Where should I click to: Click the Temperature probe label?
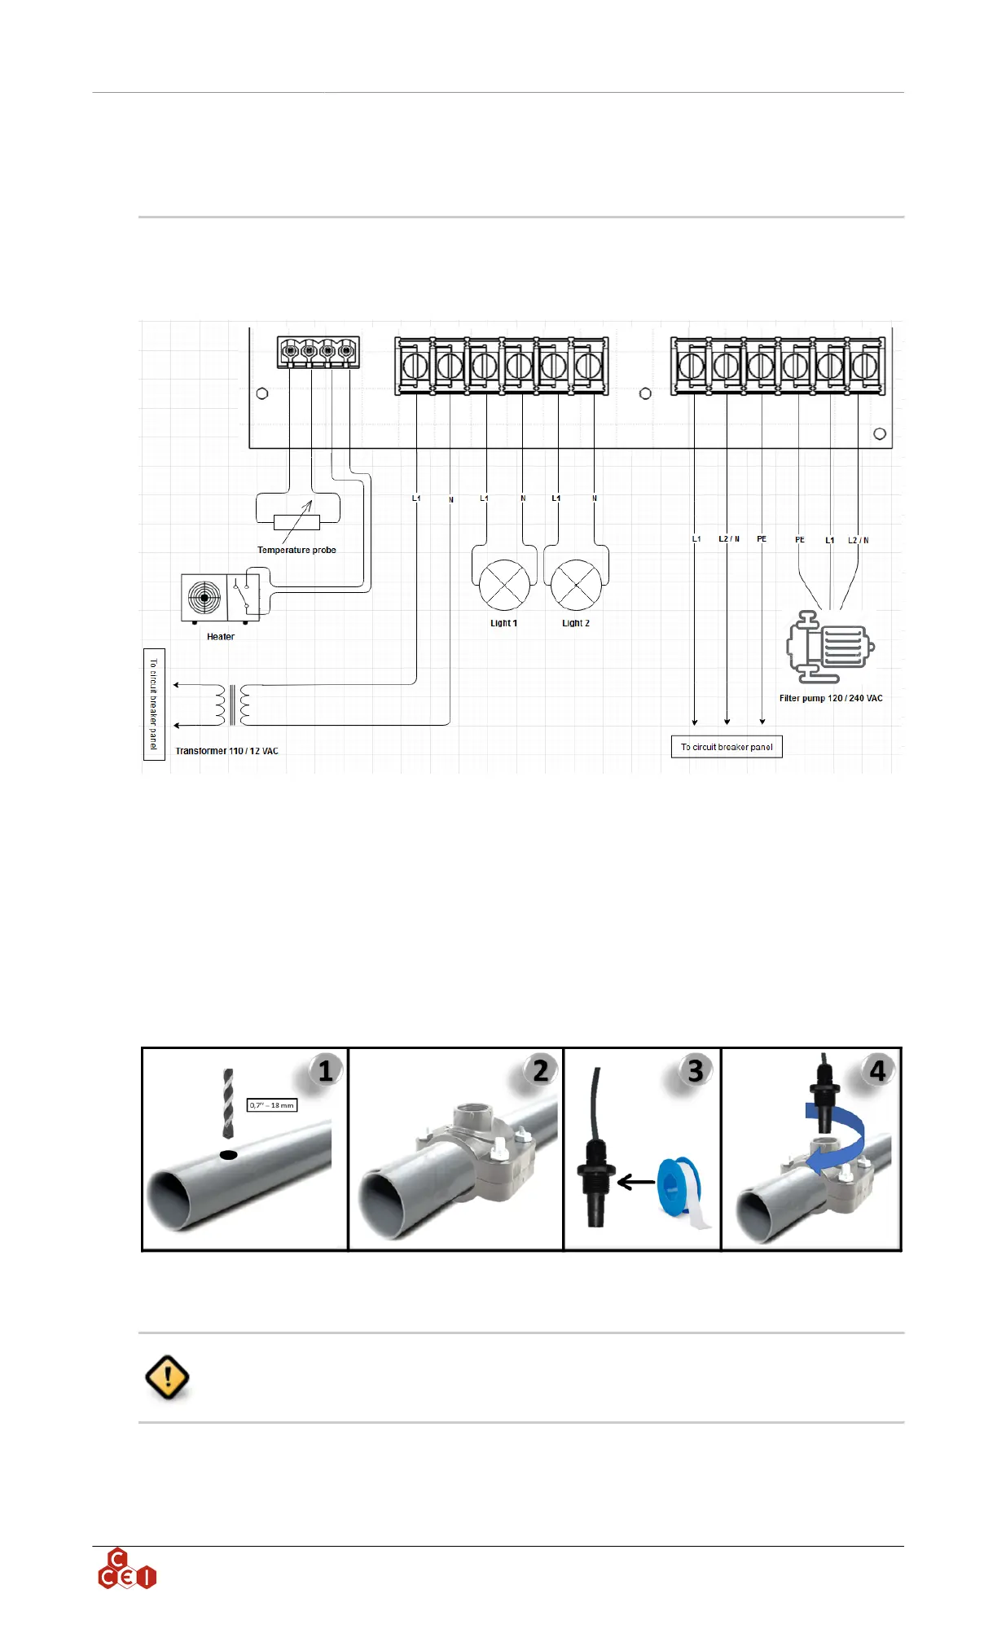pos(296,550)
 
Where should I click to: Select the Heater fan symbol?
pos(204,598)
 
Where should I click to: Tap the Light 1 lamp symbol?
pos(504,585)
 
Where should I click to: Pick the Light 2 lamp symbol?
pos(576,585)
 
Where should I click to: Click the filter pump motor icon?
pos(830,648)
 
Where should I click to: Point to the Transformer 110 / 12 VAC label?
pos(226,751)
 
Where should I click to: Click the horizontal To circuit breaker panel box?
pos(727,747)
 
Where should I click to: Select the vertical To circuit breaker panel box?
pos(154,705)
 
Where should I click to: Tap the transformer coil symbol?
pos(233,705)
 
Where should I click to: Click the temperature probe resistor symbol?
pos(296,523)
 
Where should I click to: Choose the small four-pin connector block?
pos(318,352)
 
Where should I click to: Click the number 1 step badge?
pos(325,1070)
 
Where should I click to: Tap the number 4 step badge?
pos(877,1070)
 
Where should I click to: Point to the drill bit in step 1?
pos(228,1103)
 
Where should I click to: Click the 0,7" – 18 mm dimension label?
pos(272,1105)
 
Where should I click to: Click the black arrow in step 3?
pos(636,1182)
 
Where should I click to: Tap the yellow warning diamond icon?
pos(167,1377)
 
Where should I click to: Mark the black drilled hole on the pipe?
pos(229,1155)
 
